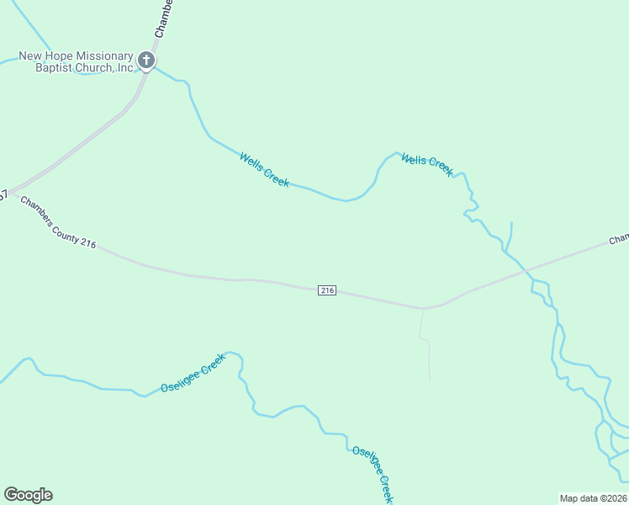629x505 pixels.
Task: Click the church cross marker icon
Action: click(146, 61)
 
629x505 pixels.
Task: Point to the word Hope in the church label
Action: click(51, 56)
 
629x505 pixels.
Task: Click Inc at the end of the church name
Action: click(125, 68)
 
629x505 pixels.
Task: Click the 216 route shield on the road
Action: click(327, 290)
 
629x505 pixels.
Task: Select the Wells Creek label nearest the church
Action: click(264, 169)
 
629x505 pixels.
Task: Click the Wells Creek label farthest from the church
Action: click(427, 163)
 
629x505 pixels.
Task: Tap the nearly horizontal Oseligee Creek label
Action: click(193, 374)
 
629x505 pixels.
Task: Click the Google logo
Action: click(28, 495)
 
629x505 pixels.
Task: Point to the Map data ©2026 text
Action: click(594, 498)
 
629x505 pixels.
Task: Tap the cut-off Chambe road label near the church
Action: click(163, 19)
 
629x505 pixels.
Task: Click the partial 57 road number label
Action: click(3, 195)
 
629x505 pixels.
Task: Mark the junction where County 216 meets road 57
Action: click(11, 192)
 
